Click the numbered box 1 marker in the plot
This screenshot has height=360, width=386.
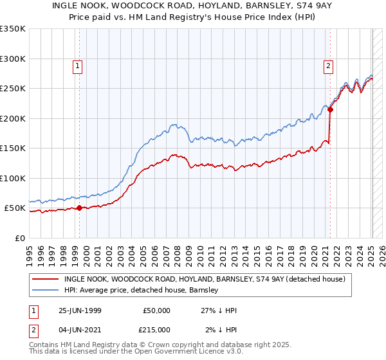pos(77,65)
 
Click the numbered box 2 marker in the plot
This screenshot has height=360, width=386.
pos(328,65)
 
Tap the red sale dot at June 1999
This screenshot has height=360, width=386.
pos(80,208)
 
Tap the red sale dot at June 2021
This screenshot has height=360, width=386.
pos(330,110)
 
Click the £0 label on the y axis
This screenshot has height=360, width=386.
pos(21,238)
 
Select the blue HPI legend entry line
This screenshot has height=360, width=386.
pos(46,291)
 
